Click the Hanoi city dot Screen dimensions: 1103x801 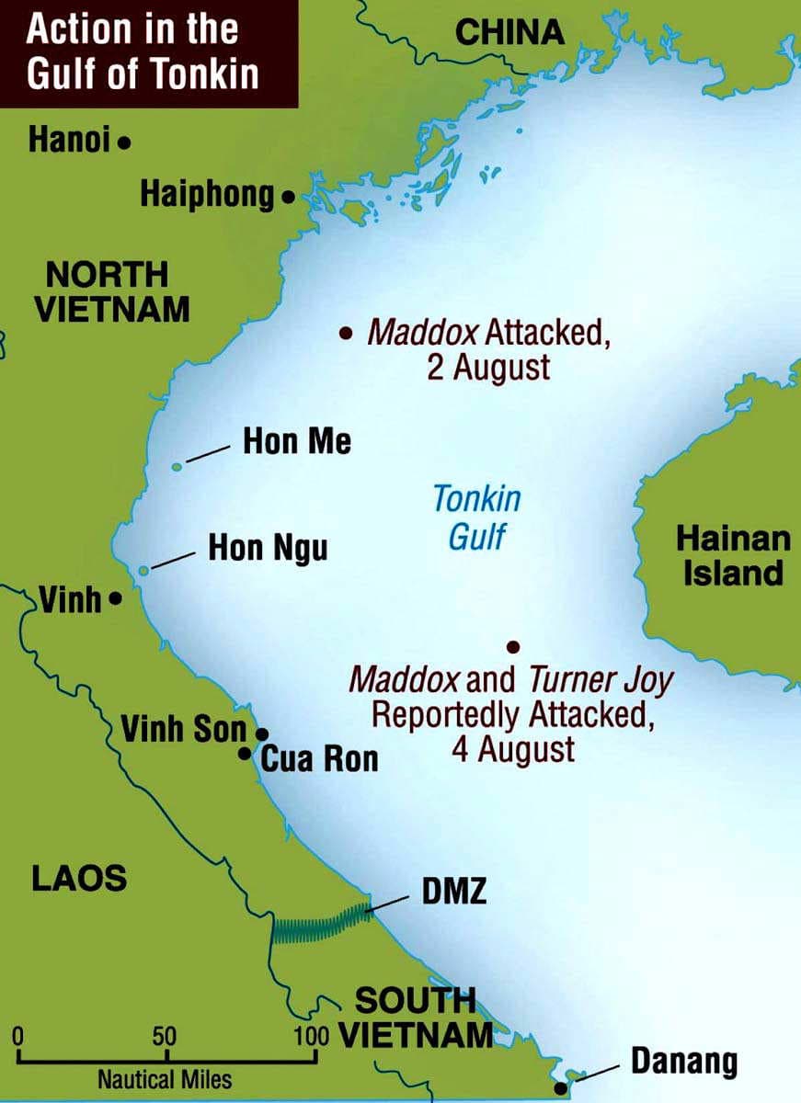click(124, 142)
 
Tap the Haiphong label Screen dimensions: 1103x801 click(207, 195)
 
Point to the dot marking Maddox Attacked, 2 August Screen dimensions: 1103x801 click(346, 334)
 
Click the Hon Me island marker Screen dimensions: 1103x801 click(177, 467)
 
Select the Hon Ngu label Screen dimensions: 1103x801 click(268, 550)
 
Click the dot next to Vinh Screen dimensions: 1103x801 click(115, 598)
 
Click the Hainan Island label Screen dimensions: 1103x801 click(733, 556)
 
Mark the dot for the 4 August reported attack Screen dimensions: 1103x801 click(513, 647)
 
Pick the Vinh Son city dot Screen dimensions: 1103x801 click(262, 733)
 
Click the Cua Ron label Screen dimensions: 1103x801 click(319, 759)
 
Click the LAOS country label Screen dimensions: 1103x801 click(79, 878)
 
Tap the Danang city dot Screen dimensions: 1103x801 click(560, 1088)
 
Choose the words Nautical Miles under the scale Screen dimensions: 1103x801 click(165, 1078)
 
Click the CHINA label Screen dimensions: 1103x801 click(510, 33)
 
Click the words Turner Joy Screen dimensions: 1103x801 click(601, 681)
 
